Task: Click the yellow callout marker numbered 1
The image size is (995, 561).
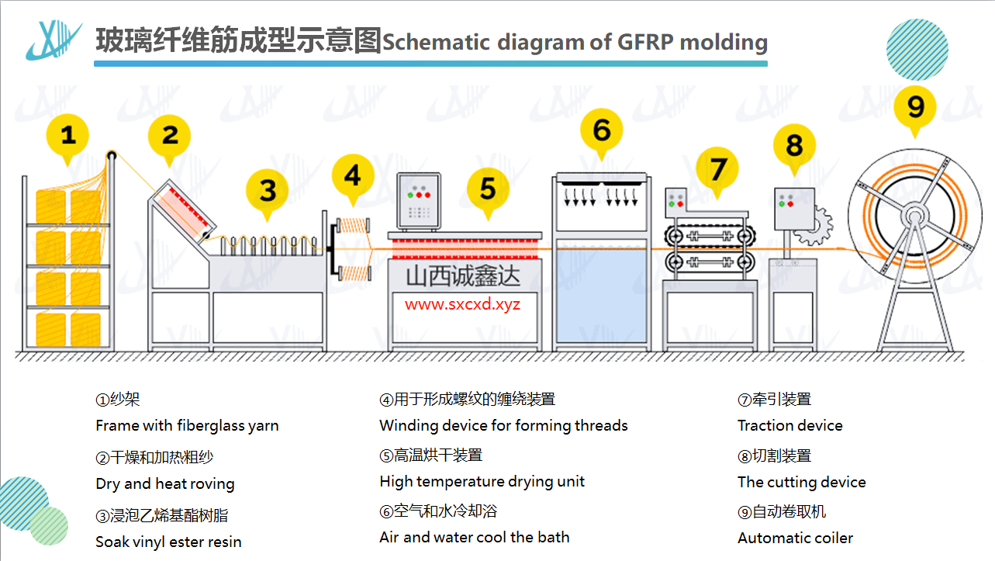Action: coord(68,137)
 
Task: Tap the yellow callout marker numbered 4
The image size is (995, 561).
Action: coord(353,176)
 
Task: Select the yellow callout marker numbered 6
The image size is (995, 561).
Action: coord(602,130)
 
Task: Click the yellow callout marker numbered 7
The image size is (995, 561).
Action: coord(718,169)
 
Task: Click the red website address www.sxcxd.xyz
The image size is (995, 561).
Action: coord(462,304)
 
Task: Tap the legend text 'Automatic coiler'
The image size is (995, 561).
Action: coord(795,538)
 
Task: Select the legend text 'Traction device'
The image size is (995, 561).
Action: coord(789,425)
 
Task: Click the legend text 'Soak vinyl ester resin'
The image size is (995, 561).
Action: coord(168,542)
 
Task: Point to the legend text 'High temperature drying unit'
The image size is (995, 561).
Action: coord(482,481)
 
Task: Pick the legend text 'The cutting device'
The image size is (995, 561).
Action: coord(801,482)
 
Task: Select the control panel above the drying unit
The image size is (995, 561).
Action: coord(419,198)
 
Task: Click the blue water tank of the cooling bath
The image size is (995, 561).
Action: coord(601,295)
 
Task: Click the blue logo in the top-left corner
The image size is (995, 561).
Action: coord(53,40)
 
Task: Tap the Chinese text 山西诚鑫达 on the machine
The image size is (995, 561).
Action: coord(463,275)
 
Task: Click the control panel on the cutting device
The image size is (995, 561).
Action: coord(793,208)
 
